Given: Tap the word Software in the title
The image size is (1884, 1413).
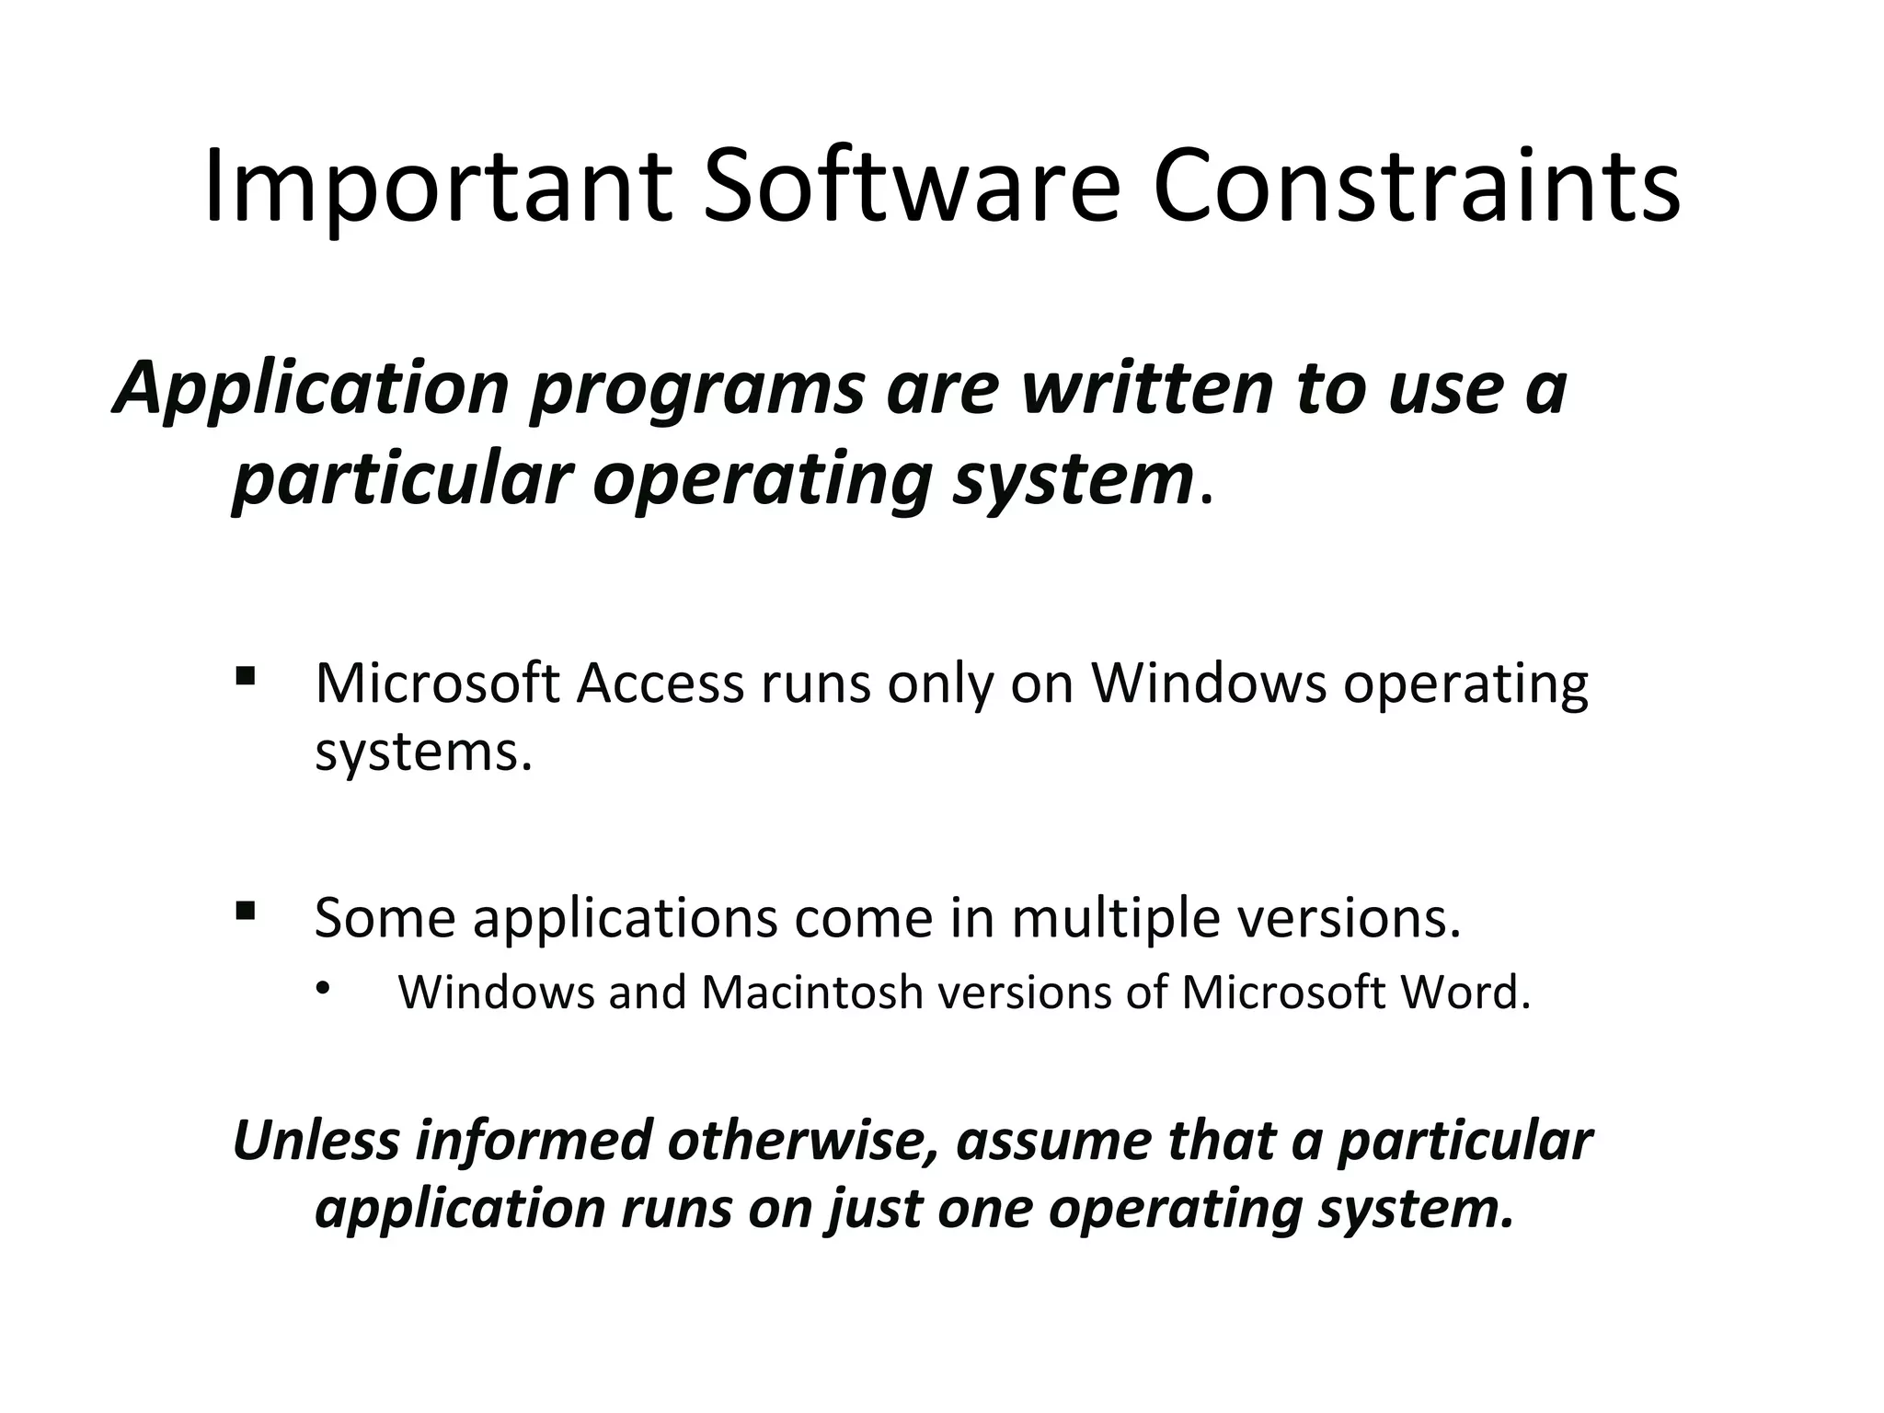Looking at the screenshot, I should point(912,187).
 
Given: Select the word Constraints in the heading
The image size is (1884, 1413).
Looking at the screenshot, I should point(1416,187).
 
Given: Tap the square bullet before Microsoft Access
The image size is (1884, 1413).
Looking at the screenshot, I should point(245,678).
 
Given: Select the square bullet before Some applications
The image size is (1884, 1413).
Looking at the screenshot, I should point(245,912).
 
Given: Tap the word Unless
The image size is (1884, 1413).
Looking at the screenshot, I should point(316,1140).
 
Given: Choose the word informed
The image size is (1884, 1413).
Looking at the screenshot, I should point(534,1140).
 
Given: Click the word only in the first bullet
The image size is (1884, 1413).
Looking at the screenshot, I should point(940,685).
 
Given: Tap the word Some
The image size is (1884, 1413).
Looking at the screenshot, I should point(385,917).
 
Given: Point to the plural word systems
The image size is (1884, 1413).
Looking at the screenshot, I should point(424,752).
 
